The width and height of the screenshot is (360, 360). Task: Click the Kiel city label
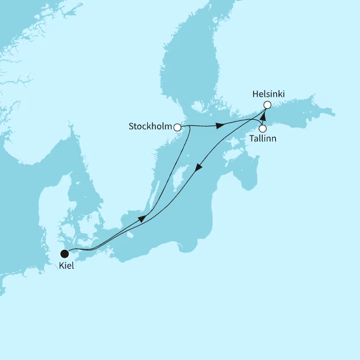click(66, 265)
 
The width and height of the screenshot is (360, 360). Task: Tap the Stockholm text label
click(150, 127)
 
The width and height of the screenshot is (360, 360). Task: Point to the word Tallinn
click(263, 138)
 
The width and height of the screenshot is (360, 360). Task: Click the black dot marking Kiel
click(65, 254)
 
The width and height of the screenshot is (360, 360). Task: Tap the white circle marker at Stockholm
click(178, 127)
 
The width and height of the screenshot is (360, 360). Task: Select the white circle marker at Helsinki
click(268, 105)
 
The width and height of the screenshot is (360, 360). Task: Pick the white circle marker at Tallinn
click(263, 129)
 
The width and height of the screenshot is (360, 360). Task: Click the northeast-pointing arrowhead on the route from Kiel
click(143, 218)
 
